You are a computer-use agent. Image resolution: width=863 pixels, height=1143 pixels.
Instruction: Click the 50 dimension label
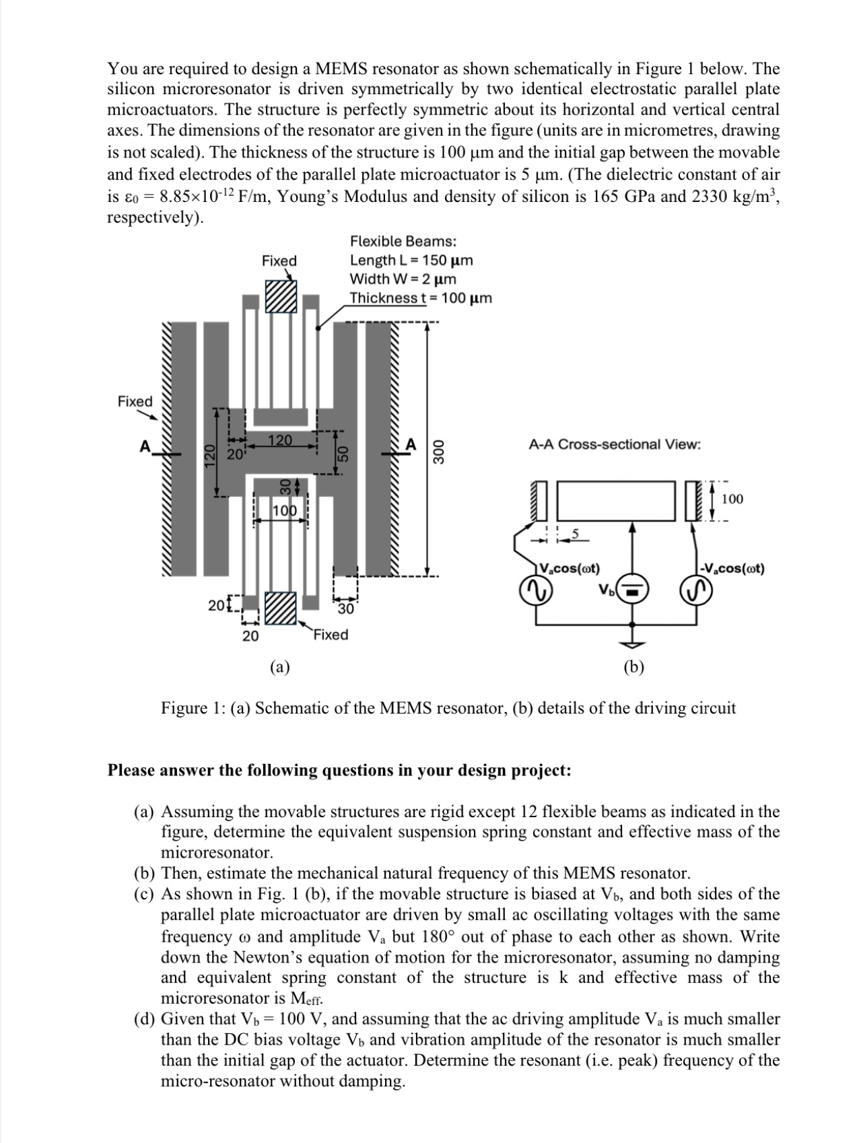[x=341, y=453]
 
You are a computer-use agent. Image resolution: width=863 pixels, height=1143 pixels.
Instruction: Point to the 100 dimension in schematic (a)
[x=285, y=510]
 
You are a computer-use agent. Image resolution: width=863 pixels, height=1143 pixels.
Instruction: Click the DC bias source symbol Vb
[x=632, y=590]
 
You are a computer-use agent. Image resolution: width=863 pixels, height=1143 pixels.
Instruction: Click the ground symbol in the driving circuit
[x=632, y=645]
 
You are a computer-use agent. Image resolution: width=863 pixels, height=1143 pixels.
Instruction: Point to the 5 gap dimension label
[x=575, y=534]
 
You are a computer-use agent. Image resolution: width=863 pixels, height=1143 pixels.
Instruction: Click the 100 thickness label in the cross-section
[x=732, y=499]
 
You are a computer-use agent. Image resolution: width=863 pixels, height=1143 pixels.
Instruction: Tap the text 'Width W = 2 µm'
[x=403, y=279]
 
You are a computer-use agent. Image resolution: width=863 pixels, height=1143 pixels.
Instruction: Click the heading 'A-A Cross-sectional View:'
[x=615, y=445]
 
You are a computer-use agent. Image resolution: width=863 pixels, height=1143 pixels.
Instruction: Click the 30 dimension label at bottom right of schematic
[x=346, y=609]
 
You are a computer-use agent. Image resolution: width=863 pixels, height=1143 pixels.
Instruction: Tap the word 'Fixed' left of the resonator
[x=135, y=401]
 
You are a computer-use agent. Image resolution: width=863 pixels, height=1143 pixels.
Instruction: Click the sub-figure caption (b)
[x=633, y=667]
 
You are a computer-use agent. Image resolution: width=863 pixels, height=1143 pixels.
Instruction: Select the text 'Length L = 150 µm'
[x=411, y=260]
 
